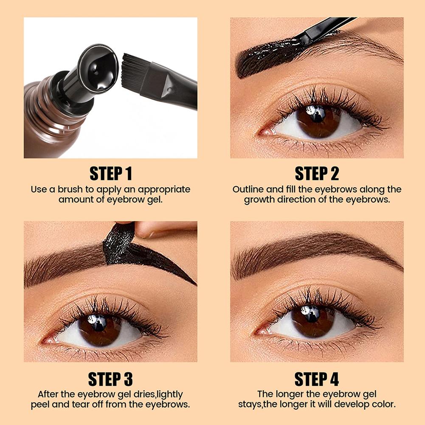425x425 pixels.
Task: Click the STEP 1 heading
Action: click(x=110, y=174)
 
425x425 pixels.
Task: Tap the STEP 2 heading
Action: click(x=317, y=174)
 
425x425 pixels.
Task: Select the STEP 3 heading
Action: click(x=110, y=379)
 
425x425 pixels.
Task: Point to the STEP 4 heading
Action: click(x=317, y=379)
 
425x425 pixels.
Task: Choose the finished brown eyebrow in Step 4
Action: click(x=316, y=251)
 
